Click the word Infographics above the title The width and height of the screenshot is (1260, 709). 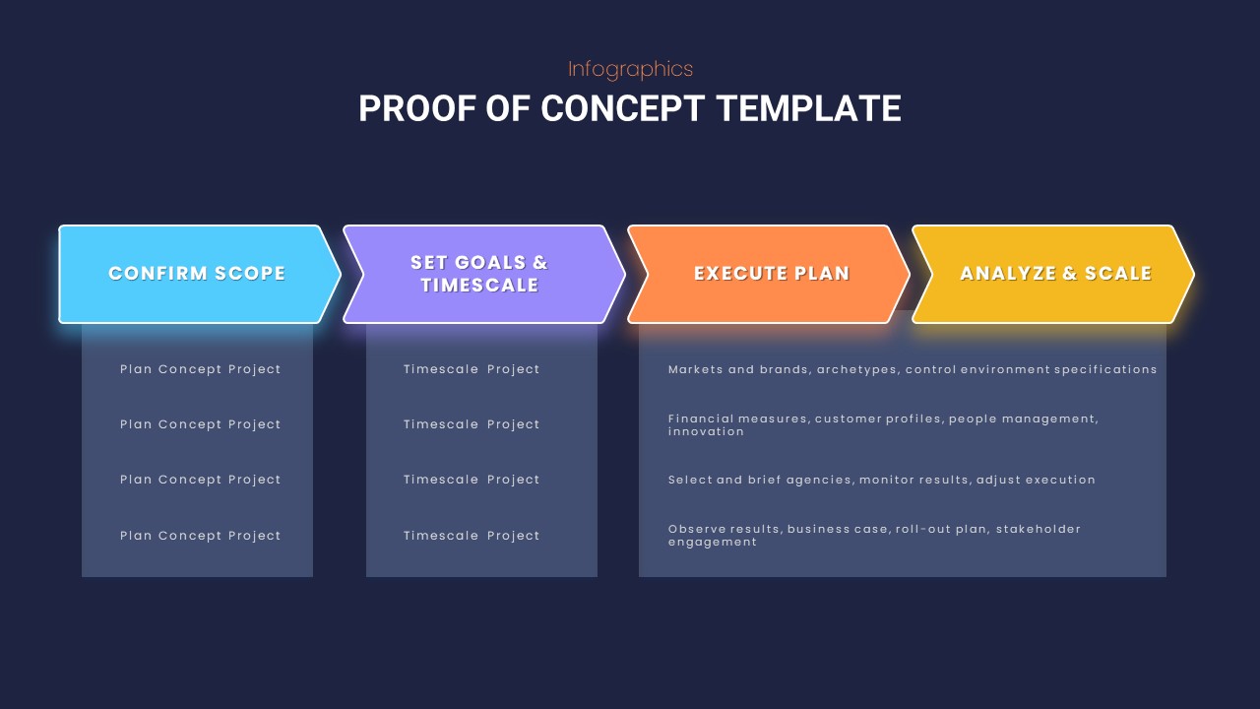pyautogui.click(x=630, y=69)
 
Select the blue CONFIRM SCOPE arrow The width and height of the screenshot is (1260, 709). pyautogui.click(x=197, y=274)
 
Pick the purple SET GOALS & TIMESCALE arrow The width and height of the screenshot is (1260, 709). pyautogui.click(x=479, y=274)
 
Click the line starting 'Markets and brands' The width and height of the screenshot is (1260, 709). pyautogui.click(x=913, y=369)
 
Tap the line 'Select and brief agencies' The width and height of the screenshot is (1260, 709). pyautogui.click(x=881, y=480)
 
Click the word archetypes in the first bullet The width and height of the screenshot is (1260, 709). pyautogui.click(x=856, y=369)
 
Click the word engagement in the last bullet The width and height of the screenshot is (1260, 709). pyautogui.click(x=713, y=542)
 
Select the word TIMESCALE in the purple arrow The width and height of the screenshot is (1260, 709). pyautogui.click(x=479, y=286)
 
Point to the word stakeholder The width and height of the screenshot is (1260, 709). pyautogui.click(x=1038, y=529)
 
